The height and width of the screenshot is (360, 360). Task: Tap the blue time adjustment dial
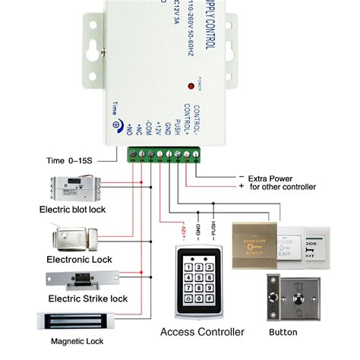116,127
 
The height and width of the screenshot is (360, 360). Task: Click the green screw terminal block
162,155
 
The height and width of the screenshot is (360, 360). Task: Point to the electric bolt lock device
72,187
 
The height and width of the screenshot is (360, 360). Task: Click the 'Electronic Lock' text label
73,259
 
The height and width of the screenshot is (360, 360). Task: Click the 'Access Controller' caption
202,332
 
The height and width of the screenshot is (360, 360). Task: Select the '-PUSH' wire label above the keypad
214,227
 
